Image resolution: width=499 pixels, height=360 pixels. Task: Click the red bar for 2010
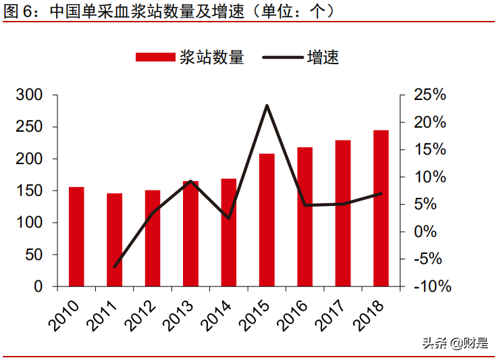click(x=76, y=236)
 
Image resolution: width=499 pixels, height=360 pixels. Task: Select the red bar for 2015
click(x=267, y=220)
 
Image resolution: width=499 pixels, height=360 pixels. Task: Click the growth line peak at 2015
click(x=267, y=105)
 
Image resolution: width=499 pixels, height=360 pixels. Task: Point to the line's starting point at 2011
click(x=115, y=267)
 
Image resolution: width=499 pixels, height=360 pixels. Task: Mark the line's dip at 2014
click(x=229, y=218)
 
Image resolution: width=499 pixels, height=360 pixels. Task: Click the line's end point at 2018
click(x=381, y=193)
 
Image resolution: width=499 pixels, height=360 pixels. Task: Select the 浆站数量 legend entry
click(x=189, y=57)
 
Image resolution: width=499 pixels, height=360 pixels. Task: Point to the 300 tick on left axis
click(x=29, y=95)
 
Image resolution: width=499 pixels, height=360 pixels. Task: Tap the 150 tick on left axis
click(x=29, y=191)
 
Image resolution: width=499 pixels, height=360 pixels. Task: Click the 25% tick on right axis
click(x=430, y=95)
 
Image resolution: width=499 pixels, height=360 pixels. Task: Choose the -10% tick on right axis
click(x=430, y=286)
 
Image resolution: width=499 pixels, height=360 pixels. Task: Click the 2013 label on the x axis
click(x=179, y=315)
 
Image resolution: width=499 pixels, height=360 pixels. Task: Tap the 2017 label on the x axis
click(x=332, y=315)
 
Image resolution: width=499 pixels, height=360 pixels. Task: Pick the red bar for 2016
click(x=305, y=216)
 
